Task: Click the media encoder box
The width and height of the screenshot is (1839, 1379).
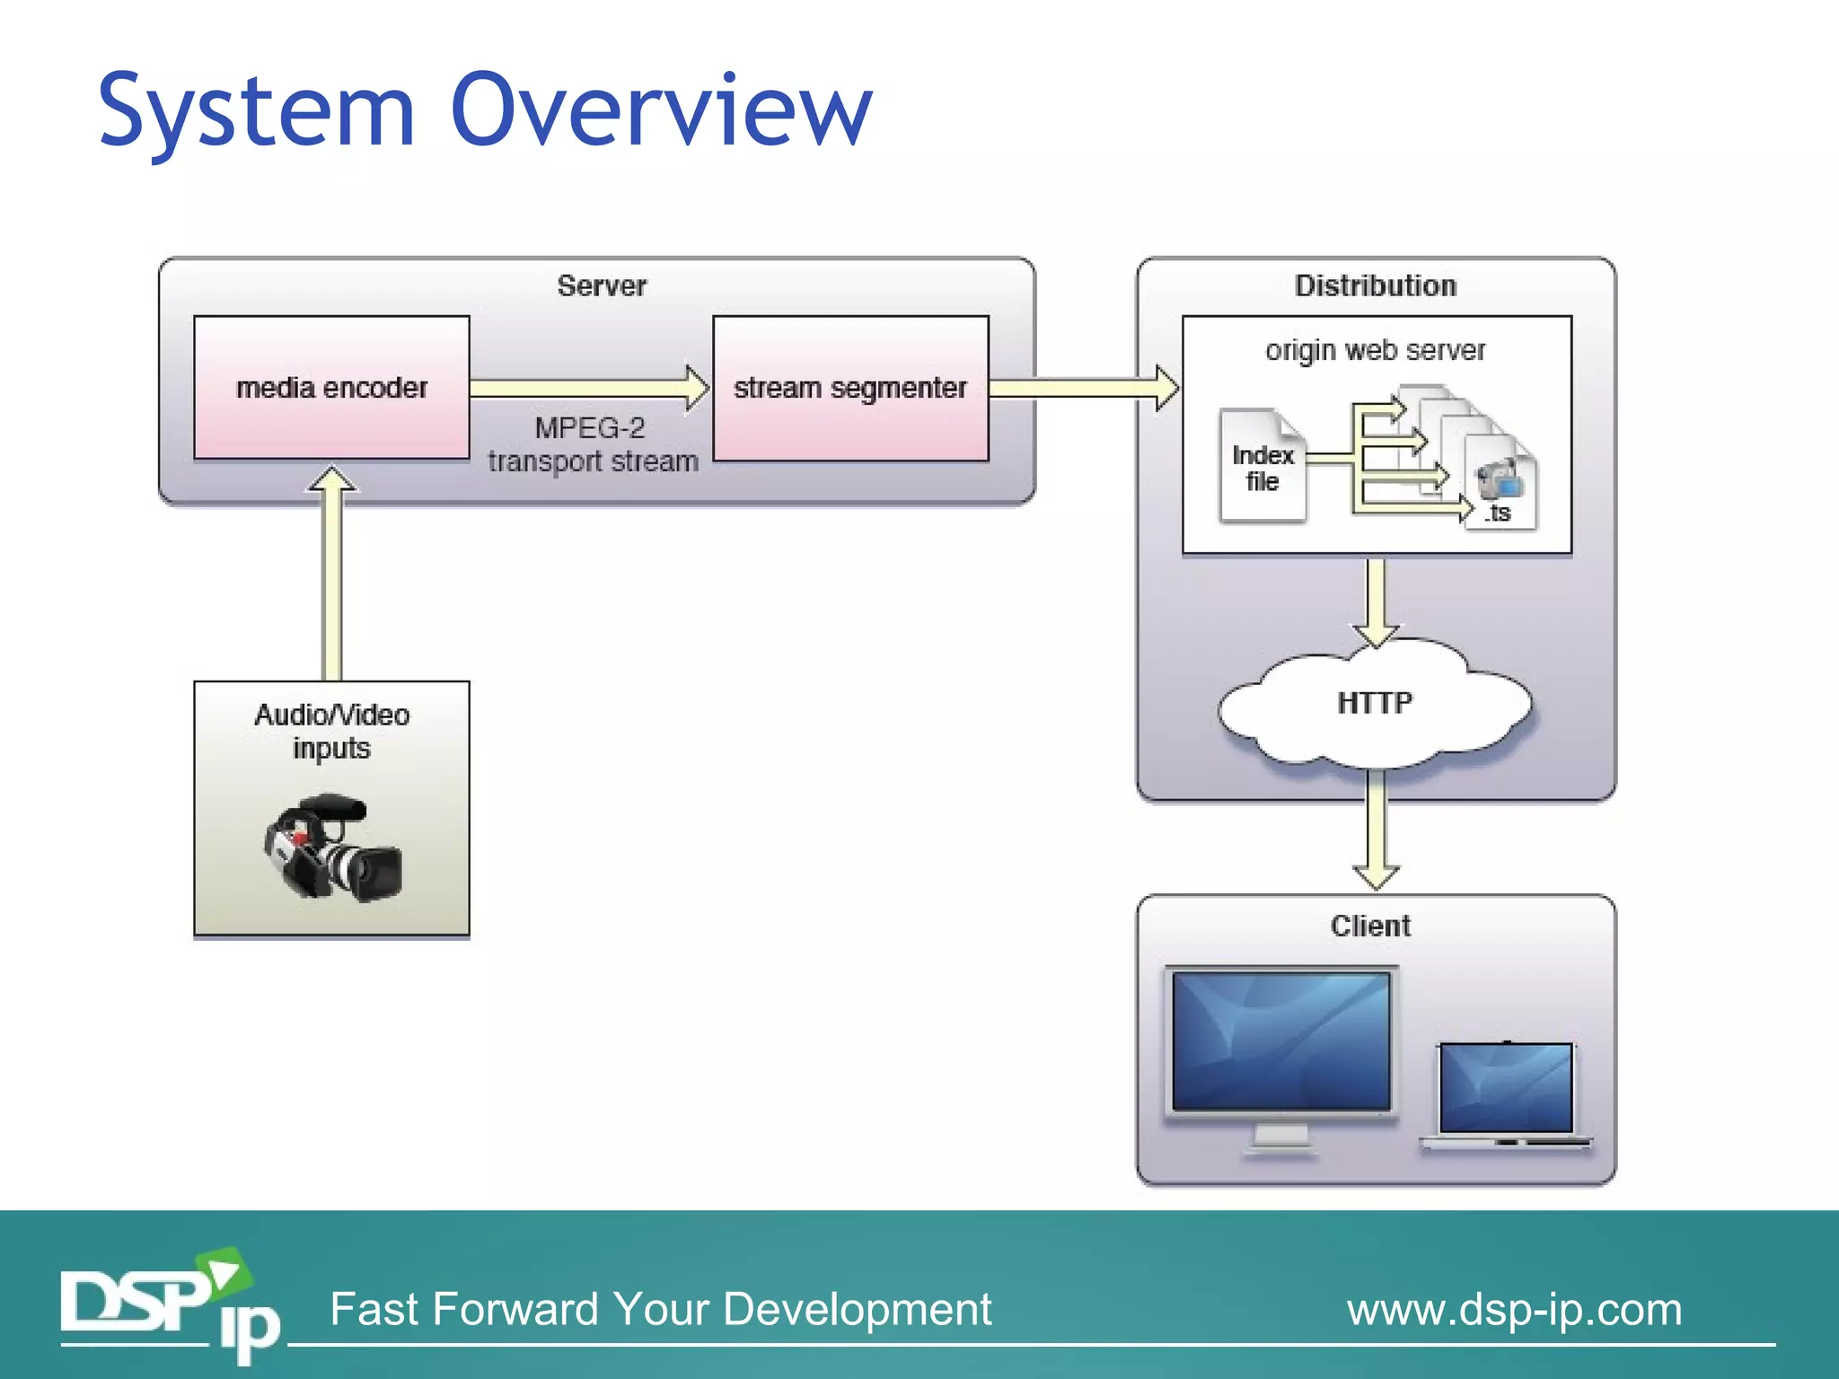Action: [331, 387]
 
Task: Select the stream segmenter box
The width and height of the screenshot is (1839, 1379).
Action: [849, 388]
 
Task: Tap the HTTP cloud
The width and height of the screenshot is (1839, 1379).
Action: [1374, 703]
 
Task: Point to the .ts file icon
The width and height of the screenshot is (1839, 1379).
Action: [1500, 485]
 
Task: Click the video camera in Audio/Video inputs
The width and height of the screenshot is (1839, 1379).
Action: [332, 848]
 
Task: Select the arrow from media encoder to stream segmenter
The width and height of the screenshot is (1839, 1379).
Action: [588, 388]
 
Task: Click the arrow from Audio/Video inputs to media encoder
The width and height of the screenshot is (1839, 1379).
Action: [332, 575]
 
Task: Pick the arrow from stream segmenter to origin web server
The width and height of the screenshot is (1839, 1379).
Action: [1082, 388]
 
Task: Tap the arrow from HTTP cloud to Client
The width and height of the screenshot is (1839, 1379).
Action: [1376, 830]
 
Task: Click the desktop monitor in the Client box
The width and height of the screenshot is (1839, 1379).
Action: [1281, 1046]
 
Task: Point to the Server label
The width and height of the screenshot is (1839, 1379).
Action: [601, 285]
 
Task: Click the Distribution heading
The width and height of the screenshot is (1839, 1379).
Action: [1375, 285]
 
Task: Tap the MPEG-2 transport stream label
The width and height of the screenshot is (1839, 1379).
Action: [592, 444]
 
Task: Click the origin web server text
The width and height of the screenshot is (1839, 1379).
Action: [1375, 349]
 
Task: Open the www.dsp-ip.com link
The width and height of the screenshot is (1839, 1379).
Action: [1514, 1309]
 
